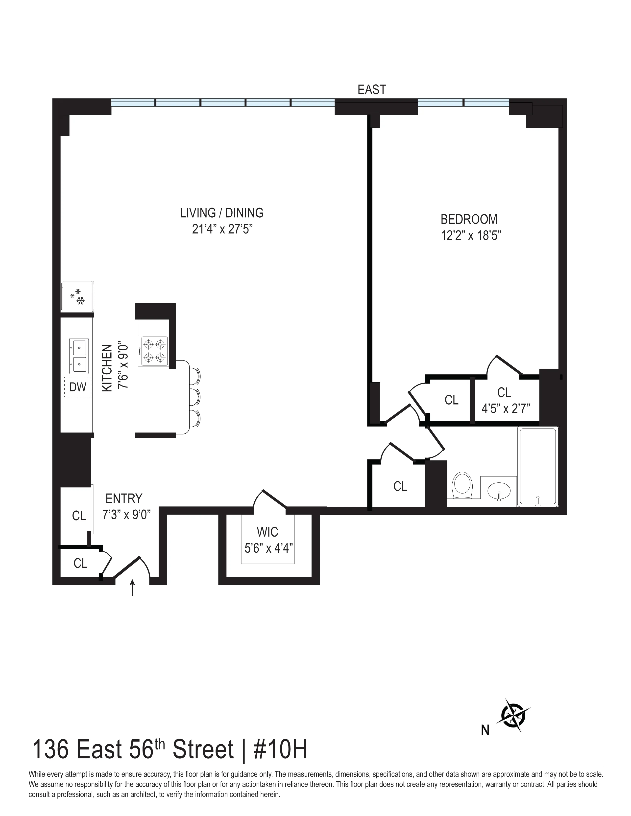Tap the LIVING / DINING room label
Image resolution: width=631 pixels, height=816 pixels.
pyautogui.click(x=222, y=213)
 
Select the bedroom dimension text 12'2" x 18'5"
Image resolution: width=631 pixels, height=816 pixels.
pyautogui.click(x=471, y=236)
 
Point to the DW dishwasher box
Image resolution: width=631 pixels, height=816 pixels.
pyautogui.click(x=78, y=387)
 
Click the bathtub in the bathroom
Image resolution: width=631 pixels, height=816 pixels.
pyautogui.click(x=537, y=467)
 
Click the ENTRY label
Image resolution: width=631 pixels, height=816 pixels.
pyautogui.click(x=124, y=499)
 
